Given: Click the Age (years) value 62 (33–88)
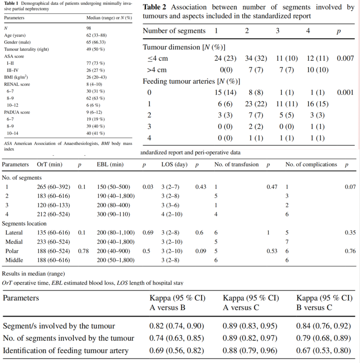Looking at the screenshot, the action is tap(96, 35).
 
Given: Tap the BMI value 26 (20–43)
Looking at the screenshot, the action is tap(96, 77).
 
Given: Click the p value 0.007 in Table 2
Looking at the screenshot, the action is tap(345, 58).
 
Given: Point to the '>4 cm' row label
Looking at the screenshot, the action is tap(157, 70).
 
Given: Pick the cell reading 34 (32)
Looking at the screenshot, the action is tap(256, 58).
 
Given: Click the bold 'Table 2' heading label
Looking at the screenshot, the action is tap(154, 7).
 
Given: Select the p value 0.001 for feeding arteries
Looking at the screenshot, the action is tap(345, 92).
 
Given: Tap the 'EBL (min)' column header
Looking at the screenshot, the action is tap(110, 164).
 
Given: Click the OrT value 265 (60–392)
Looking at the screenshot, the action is tap(53, 187).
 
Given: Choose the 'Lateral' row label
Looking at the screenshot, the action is tap(14, 233).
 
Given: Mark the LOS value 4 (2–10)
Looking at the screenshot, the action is tap(172, 214).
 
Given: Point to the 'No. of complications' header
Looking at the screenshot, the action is tap(311, 164).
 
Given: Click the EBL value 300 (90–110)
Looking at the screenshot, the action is tap(113, 214).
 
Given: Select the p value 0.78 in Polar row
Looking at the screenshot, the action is tap(83, 251).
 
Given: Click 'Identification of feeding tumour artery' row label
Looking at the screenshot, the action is tap(66, 350).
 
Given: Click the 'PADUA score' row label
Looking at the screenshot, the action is tap(17, 112).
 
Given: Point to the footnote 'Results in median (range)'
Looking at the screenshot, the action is tap(33, 274).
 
